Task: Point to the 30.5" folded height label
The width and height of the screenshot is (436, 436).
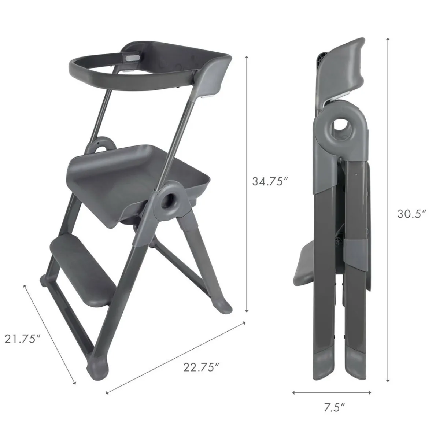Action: tap(411, 214)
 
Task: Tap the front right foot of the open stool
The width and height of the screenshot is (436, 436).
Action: tap(98, 374)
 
